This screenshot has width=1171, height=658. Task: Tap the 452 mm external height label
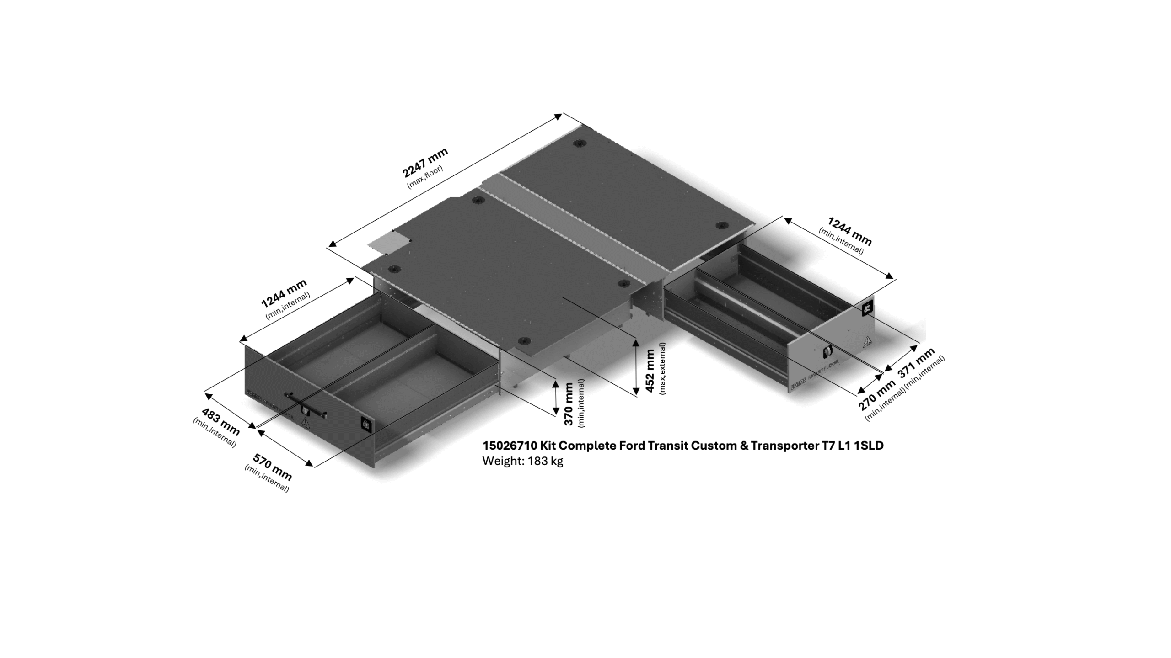click(650, 371)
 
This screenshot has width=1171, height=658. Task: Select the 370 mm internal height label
click(569, 403)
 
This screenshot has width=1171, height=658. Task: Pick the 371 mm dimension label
click(916, 363)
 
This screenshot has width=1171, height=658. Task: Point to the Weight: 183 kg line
click(522, 461)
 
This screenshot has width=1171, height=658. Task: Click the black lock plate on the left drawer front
click(366, 425)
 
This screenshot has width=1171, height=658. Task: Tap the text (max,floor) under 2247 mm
click(425, 177)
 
